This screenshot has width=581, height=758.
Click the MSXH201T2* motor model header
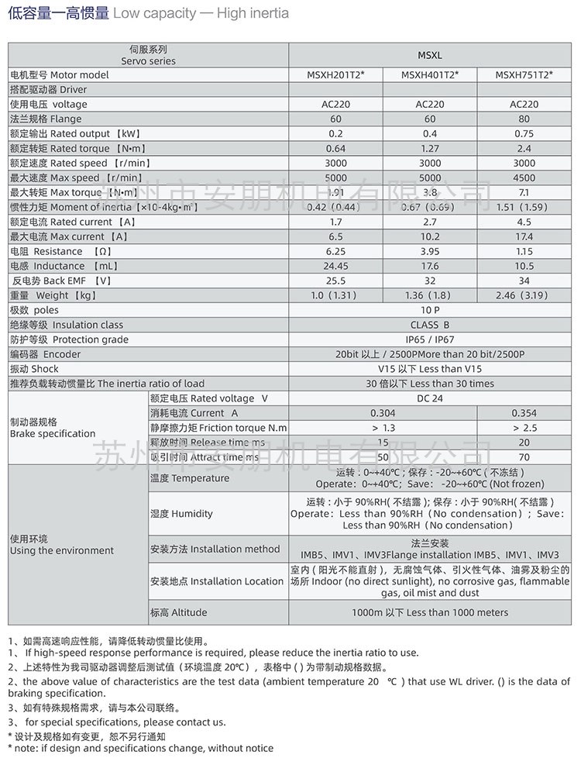pos(335,75)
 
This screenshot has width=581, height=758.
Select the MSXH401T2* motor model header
pos(430,75)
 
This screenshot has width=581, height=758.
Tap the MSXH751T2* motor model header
pos(524,75)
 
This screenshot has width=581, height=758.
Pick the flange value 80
pos(524,119)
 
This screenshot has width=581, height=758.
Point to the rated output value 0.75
pos(524,134)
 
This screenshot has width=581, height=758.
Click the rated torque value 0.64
pos(335,149)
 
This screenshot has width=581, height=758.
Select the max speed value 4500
pos(524,178)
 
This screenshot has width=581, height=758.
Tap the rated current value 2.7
pos(430,222)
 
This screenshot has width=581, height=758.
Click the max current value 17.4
pos(524,237)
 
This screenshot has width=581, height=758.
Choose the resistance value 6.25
pos(335,252)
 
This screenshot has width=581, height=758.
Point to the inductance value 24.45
pos(335,267)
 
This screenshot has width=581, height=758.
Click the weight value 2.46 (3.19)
pos(524,296)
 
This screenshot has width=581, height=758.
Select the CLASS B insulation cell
pos(430,326)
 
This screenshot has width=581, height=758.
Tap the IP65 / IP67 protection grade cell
pos(430,340)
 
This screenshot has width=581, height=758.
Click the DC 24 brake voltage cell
pos(430,398)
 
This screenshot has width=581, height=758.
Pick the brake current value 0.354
pos(524,413)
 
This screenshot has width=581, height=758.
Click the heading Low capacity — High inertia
pos(148,13)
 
